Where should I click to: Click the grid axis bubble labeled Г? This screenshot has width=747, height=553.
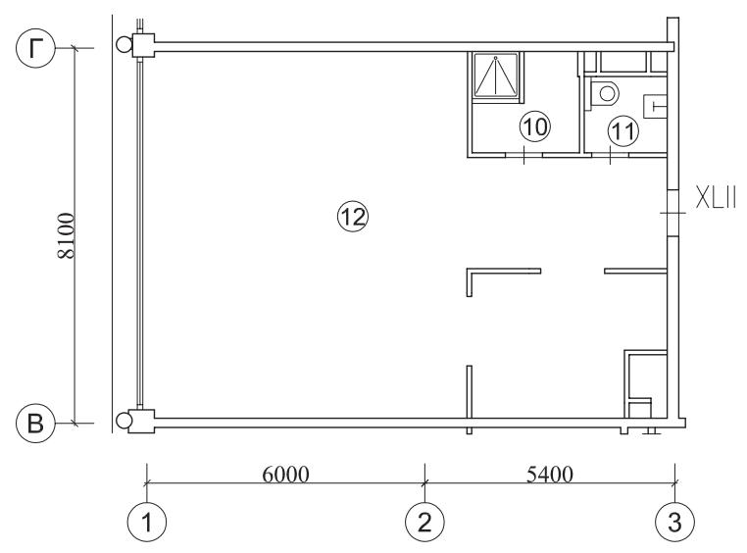(35, 48)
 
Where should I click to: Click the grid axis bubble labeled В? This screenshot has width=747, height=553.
(35, 423)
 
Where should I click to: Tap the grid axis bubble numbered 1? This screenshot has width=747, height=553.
(147, 522)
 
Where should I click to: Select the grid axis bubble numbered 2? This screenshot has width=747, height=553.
(424, 522)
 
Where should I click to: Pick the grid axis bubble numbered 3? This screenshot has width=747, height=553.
(674, 522)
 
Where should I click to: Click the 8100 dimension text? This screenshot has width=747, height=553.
(67, 235)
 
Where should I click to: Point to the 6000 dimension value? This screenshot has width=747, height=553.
(286, 475)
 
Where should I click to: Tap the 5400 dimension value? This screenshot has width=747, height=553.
(550, 475)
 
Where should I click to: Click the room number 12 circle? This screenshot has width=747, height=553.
(353, 218)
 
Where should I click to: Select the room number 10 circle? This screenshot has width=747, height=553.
(535, 127)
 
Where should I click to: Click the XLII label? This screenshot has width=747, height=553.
(716, 198)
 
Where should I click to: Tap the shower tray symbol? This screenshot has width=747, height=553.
(495, 76)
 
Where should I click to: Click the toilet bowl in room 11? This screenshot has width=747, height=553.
(604, 93)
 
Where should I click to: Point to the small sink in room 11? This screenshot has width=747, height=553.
(656, 106)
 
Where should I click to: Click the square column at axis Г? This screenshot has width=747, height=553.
(143, 46)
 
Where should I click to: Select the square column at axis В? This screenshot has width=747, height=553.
(141, 421)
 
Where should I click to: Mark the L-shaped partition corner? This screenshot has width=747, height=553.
(470, 271)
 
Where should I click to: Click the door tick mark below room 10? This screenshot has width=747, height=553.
(523, 155)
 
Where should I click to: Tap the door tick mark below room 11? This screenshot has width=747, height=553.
(611, 155)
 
